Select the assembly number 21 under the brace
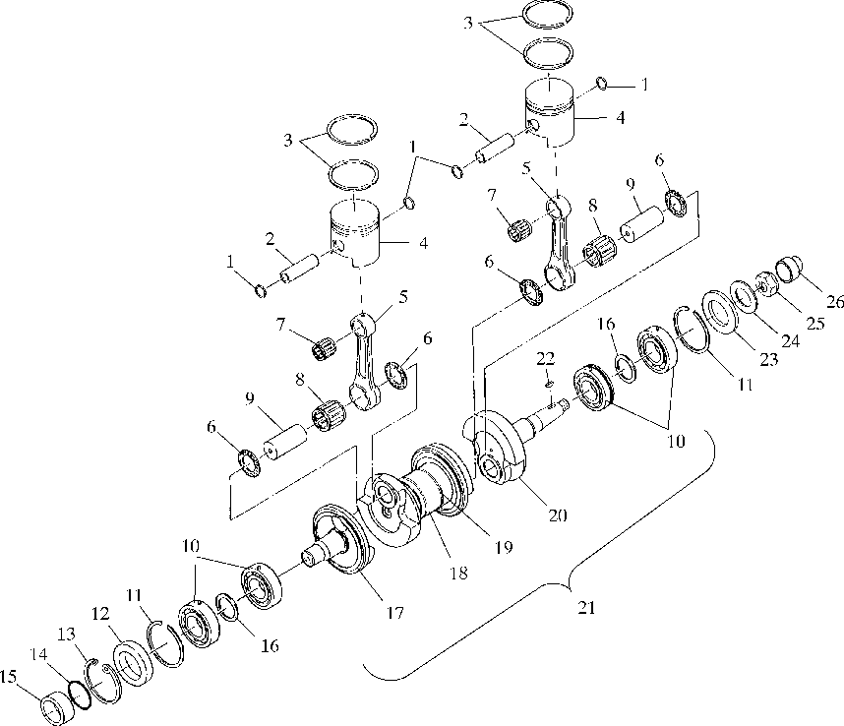pos(585,607)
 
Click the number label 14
pos(38,652)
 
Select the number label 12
pos(101,613)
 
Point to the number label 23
pos(767,359)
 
